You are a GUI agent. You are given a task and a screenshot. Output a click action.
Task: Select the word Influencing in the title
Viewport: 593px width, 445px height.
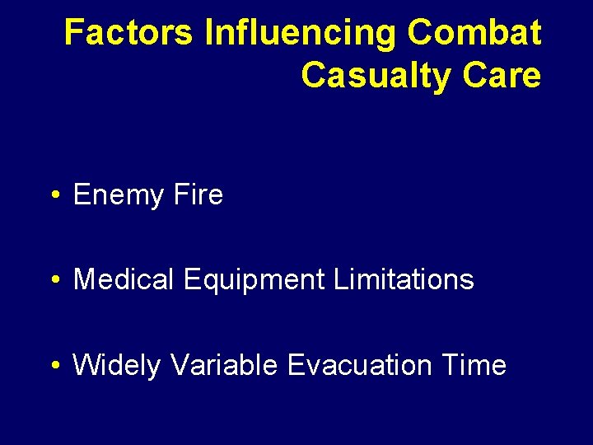301,33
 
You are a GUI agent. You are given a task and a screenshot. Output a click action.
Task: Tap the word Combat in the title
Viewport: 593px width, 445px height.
474,33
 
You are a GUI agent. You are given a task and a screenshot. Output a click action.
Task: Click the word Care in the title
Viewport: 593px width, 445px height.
502,75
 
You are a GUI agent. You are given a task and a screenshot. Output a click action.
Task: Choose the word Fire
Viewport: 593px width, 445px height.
198,195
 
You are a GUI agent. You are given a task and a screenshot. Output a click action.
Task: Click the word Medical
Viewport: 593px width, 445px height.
124,280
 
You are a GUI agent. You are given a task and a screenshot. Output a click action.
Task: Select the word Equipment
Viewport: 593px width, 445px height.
254,280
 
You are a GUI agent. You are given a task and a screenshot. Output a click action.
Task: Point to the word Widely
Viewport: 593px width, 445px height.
117,365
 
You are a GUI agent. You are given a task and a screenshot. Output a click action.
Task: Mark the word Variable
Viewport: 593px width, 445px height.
224,365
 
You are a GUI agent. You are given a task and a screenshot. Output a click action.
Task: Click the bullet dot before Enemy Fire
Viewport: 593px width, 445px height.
54,196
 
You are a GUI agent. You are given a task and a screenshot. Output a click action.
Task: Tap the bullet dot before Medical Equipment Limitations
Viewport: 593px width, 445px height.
54,281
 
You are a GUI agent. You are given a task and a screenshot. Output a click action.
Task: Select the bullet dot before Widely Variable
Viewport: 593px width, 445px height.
54,366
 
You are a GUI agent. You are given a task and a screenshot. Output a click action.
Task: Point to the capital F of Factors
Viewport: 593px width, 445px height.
72,33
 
